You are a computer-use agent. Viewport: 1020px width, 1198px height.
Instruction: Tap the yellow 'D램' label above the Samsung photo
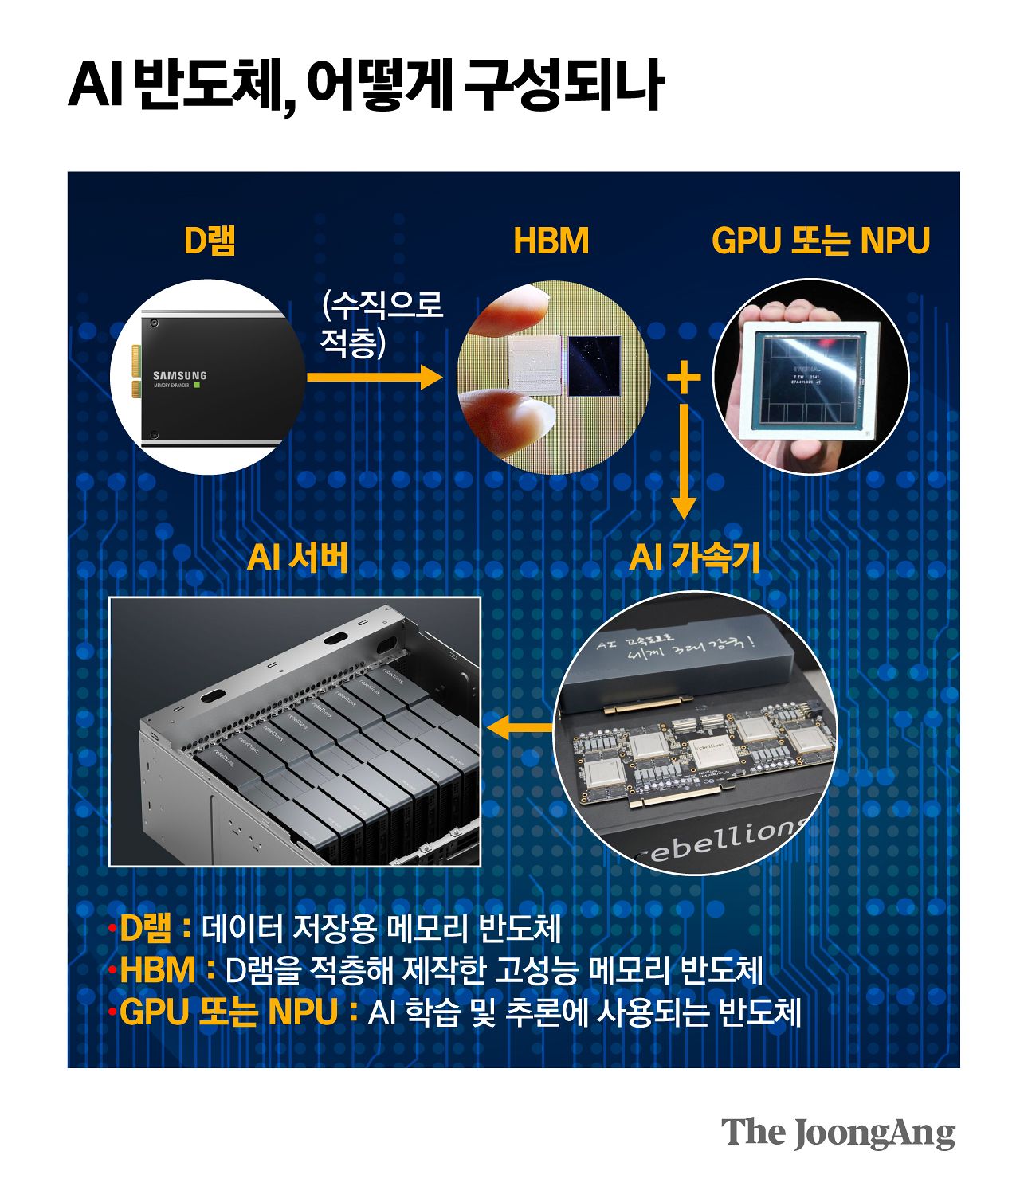(210, 241)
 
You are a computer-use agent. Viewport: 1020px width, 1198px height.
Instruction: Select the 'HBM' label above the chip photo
(551, 241)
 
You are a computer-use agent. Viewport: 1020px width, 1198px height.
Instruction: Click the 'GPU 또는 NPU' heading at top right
(820, 241)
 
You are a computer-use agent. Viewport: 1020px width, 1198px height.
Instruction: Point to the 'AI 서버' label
(297, 557)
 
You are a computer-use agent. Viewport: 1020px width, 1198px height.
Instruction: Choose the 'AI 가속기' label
(694, 557)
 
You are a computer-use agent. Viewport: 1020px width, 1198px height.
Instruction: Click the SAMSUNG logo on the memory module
(179, 375)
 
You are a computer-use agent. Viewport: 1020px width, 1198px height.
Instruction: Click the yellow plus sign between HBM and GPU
(684, 377)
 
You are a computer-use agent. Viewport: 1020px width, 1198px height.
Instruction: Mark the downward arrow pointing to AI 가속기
(684, 462)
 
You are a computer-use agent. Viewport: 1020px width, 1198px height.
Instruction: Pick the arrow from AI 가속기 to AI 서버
(519, 726)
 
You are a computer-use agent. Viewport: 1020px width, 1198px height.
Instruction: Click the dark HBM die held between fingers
(594, 366)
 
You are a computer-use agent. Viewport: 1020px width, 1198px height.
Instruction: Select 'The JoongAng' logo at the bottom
(838, 1133)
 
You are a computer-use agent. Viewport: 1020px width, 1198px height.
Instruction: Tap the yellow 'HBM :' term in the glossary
(166, 970)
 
